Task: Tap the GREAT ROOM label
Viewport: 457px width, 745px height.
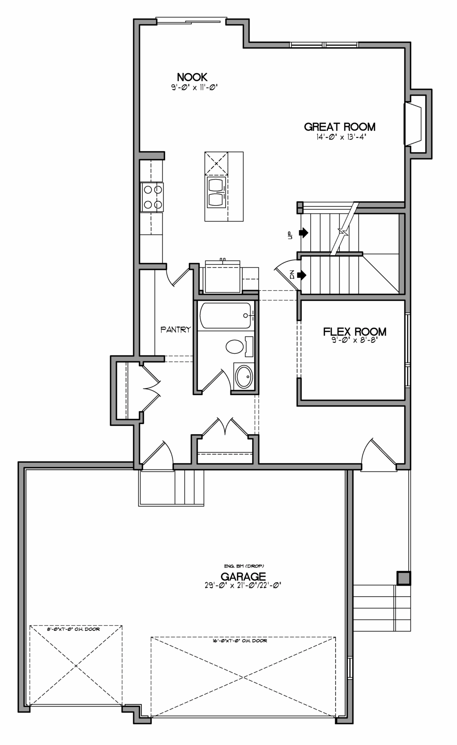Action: pyautogui.click(x=340, y=127)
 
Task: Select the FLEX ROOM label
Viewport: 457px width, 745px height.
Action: pyautogui.click(x=355, y=332)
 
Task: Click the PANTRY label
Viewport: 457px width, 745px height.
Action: pyautogui.click(x=176, y=329)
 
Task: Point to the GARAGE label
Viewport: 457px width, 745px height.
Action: pyautogui.click(x=243, y=577)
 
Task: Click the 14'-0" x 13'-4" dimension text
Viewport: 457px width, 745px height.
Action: pyautogui.click(x=340, y=137)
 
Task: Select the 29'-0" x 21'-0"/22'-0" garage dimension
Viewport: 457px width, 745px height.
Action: pyautogui.click(x=243, y=585)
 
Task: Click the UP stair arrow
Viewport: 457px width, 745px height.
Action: pyautogui.click(x=303, y=233)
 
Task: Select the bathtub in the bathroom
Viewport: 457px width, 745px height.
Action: pyautogui.click(x=225, y=315)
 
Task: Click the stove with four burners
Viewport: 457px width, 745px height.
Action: pyautogui.click(x=152, y=197)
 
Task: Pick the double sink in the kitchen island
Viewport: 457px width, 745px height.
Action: pyautogui.click(x=216, y=192)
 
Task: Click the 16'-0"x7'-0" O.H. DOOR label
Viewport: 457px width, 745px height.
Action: pyautogui.click(x=243, y=641)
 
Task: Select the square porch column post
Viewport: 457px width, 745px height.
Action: pyautogui.click(x=403, y=578)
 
